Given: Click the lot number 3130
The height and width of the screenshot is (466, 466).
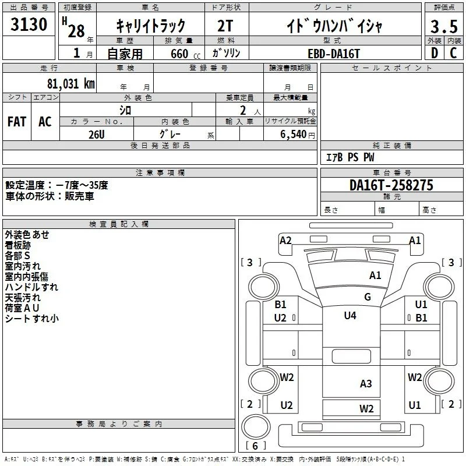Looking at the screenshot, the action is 29,24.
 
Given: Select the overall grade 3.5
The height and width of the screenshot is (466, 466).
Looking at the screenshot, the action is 444,26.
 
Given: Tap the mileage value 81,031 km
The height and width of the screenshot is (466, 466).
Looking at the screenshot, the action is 71,83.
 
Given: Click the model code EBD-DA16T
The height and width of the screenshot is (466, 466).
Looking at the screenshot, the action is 334,54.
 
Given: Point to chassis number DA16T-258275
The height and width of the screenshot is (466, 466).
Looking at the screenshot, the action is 391,185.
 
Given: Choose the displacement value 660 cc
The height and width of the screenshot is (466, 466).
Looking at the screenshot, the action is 185,54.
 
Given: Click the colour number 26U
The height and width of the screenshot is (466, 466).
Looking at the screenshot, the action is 97,135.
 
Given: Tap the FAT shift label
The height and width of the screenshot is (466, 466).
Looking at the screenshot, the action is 17,122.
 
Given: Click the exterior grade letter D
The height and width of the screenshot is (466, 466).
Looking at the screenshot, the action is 434,53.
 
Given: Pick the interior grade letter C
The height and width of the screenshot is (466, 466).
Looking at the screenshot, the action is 453,53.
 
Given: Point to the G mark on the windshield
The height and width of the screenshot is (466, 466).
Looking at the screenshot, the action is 368,296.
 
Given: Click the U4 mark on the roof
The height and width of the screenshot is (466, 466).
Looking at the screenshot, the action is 350,315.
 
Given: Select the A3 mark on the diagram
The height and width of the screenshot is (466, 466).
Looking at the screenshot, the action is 366,384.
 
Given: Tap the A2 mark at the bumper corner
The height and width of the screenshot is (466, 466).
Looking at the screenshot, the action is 285,240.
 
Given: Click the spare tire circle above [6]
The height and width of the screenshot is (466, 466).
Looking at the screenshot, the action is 256,426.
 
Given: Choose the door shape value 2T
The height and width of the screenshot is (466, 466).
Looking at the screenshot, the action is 225,26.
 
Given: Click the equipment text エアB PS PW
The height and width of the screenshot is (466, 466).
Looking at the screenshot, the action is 350,157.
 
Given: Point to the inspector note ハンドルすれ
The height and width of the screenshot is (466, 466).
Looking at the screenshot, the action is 31,287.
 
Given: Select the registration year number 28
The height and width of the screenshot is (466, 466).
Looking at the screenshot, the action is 76,31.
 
